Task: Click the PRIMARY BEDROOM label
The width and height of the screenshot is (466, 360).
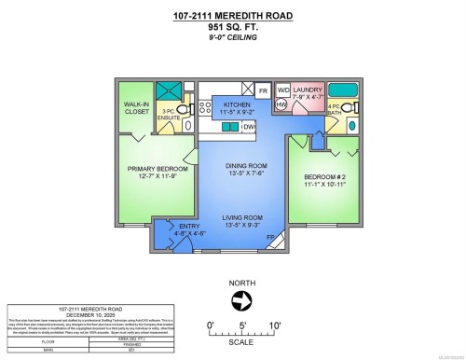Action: pos(157,173)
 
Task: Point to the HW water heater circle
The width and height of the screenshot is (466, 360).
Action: pos(281,105)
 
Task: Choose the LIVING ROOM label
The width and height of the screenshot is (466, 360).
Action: pos(245,220)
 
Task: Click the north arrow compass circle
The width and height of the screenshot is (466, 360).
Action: pos(242,299)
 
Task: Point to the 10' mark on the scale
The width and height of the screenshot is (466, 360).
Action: pos(276,325)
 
